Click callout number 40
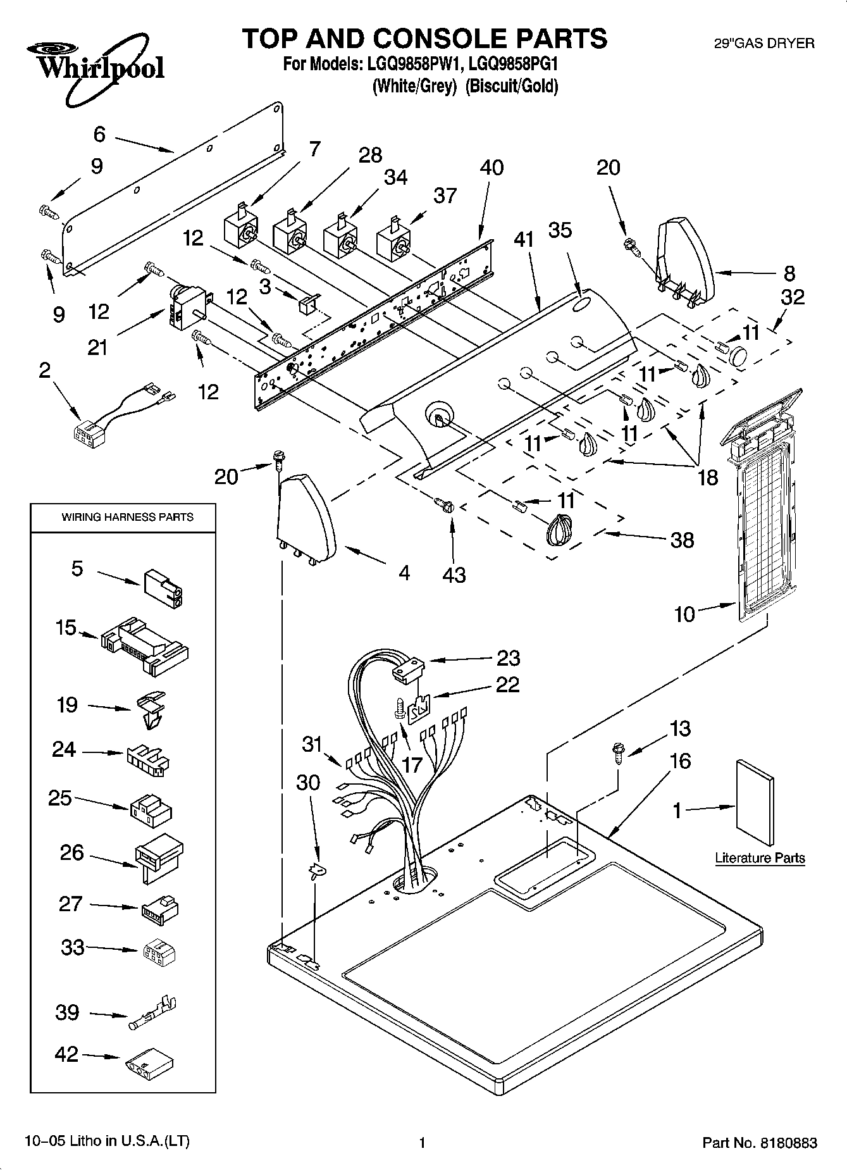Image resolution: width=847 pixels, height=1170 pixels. tap(492, 168)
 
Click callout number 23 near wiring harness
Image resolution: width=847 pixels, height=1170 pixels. tap(508, 658)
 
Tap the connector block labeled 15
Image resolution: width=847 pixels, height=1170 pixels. tap(144, 646)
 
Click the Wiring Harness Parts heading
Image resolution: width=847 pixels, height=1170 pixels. tap(127, 517)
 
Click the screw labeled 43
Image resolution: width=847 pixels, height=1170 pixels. tap(445, 504)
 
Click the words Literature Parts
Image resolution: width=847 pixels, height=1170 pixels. tap(760, 858)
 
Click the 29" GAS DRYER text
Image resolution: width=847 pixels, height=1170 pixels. tap(764, 44)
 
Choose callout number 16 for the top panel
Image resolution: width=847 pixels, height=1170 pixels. tap(680, 761)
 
